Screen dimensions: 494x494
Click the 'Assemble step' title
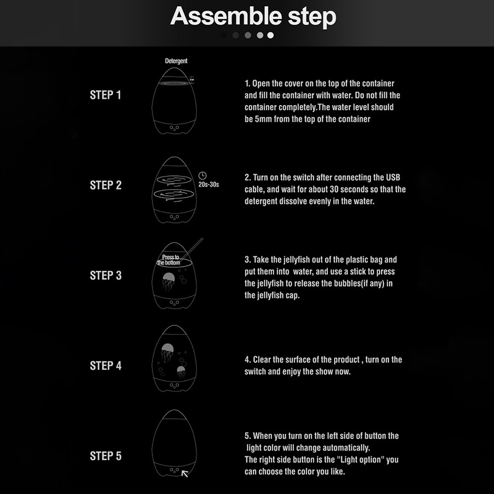(253, 16)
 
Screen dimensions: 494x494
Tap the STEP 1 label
(106, 95)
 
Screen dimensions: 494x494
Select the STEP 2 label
(106, 185)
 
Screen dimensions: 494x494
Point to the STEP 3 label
(106, 275)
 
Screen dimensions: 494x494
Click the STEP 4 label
(106, 366)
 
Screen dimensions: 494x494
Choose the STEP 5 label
(106, 456)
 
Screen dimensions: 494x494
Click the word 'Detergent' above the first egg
(176, 61)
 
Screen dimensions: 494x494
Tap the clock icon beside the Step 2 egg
(203, 175)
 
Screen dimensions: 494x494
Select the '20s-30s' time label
(208, 185)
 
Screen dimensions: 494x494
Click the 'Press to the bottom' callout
(169, 260)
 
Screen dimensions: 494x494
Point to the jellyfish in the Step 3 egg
(168, 281)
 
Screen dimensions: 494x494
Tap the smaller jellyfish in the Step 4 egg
(181, 372)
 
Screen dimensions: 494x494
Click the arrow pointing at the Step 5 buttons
(185, 474)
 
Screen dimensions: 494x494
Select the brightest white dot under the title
(270, 35)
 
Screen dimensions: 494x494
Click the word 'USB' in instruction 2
(393, 177)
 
